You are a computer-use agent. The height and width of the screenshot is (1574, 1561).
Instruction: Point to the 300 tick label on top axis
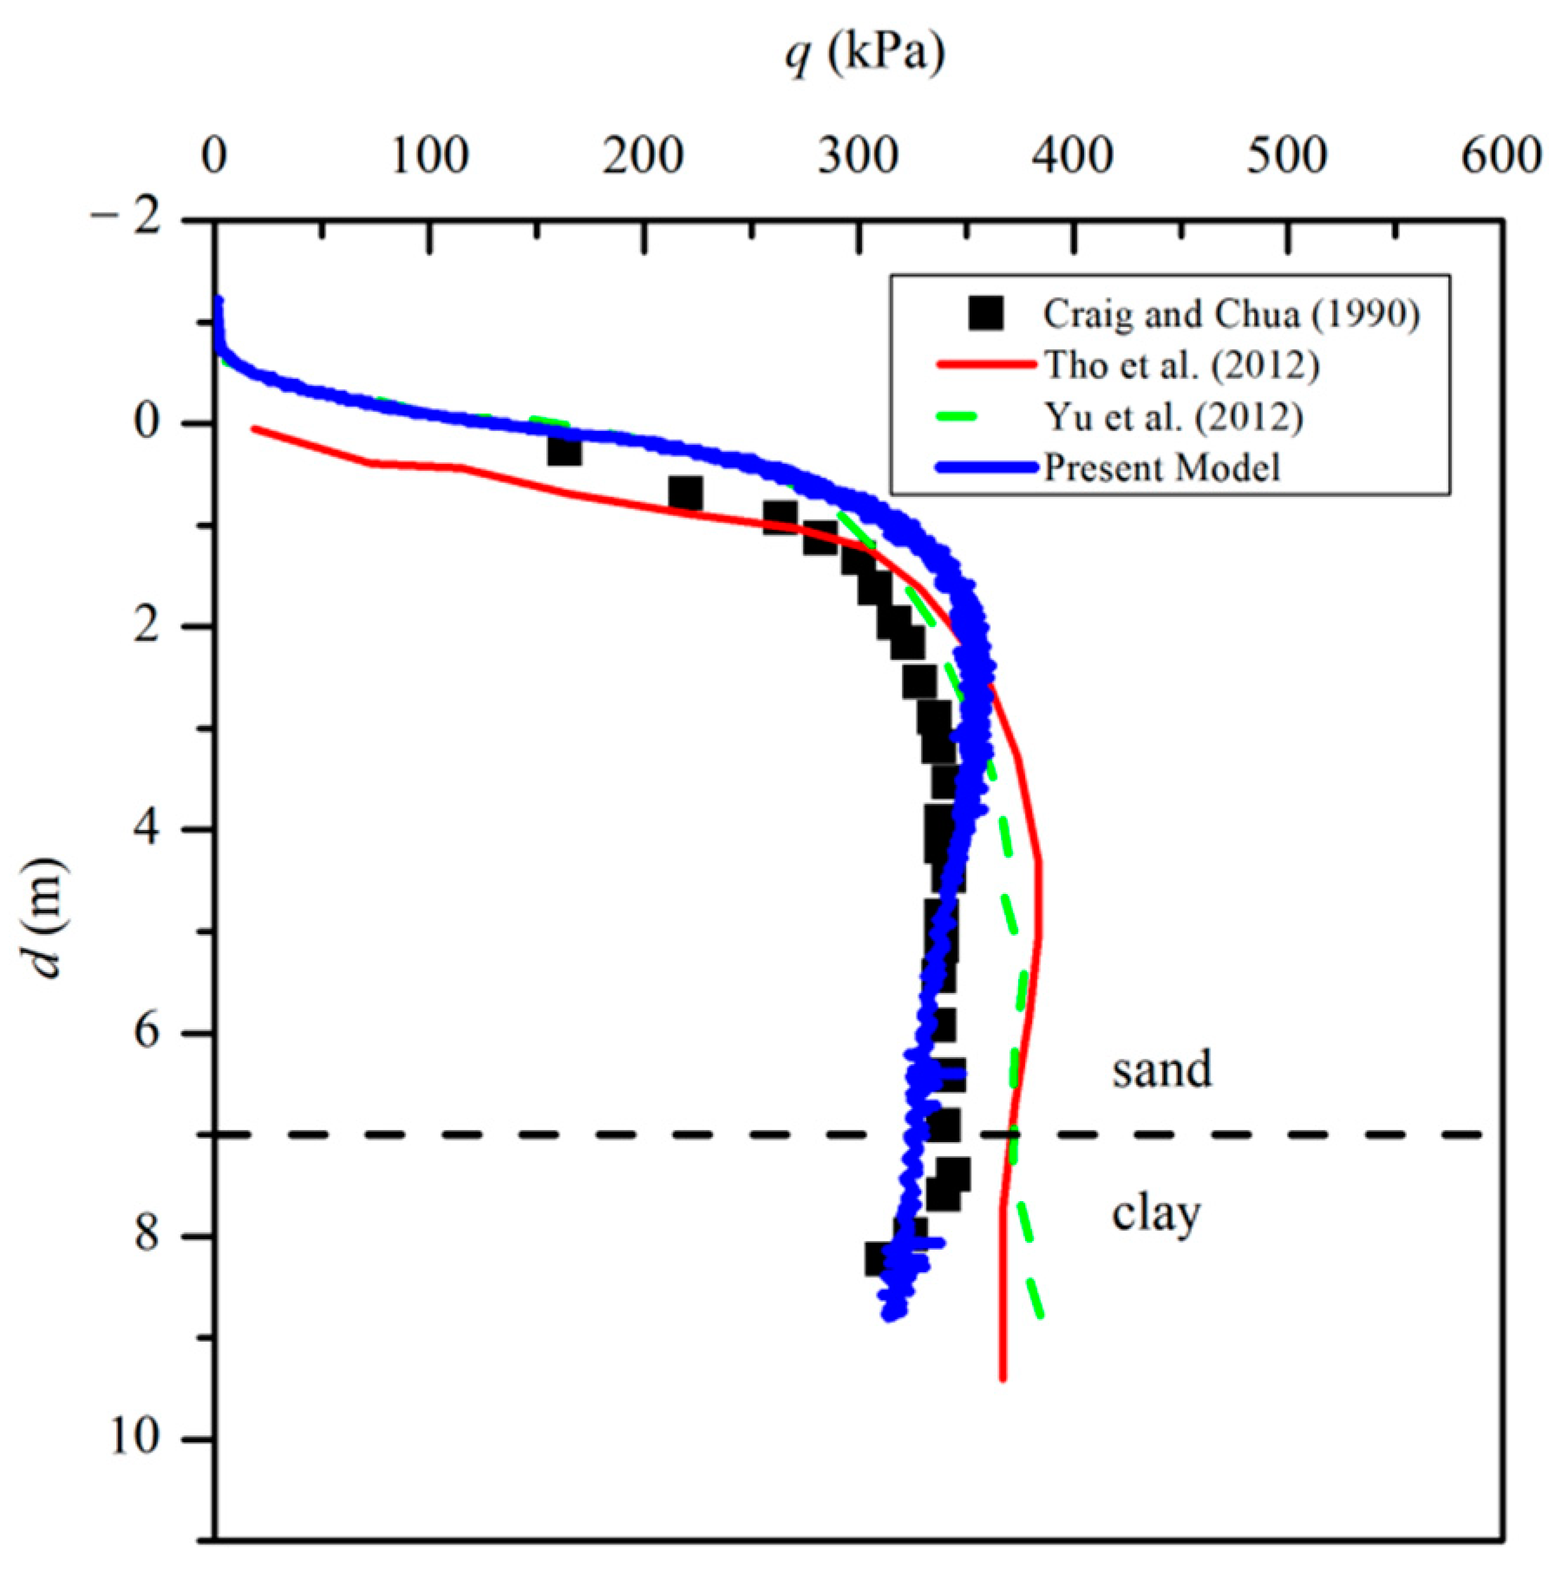coord(858,157)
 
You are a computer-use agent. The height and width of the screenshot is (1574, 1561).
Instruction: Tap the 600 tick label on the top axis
coord(1501,157)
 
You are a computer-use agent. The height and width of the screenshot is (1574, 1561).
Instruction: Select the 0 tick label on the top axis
coord(214,157)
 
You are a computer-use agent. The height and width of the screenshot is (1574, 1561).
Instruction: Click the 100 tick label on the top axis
coord(429,157)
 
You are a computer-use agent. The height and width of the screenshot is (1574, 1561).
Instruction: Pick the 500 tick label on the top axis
coord(1287,157)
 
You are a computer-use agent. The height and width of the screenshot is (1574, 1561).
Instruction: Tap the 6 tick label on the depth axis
coord(147,1033)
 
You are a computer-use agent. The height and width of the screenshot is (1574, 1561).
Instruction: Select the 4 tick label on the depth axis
coord(147,829)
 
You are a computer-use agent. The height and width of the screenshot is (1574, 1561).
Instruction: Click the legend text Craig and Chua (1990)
coord(1231,314)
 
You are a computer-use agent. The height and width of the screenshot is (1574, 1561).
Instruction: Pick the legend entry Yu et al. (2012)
coord(1172,417)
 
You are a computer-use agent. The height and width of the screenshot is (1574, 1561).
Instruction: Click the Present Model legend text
coord(1162,468)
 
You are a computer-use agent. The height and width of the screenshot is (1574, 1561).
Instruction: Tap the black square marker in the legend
coord(986,313)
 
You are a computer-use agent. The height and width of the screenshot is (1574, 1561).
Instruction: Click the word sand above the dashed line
coord(1162,1069)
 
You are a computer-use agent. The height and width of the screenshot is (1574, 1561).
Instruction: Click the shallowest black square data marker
coord(565,451)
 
